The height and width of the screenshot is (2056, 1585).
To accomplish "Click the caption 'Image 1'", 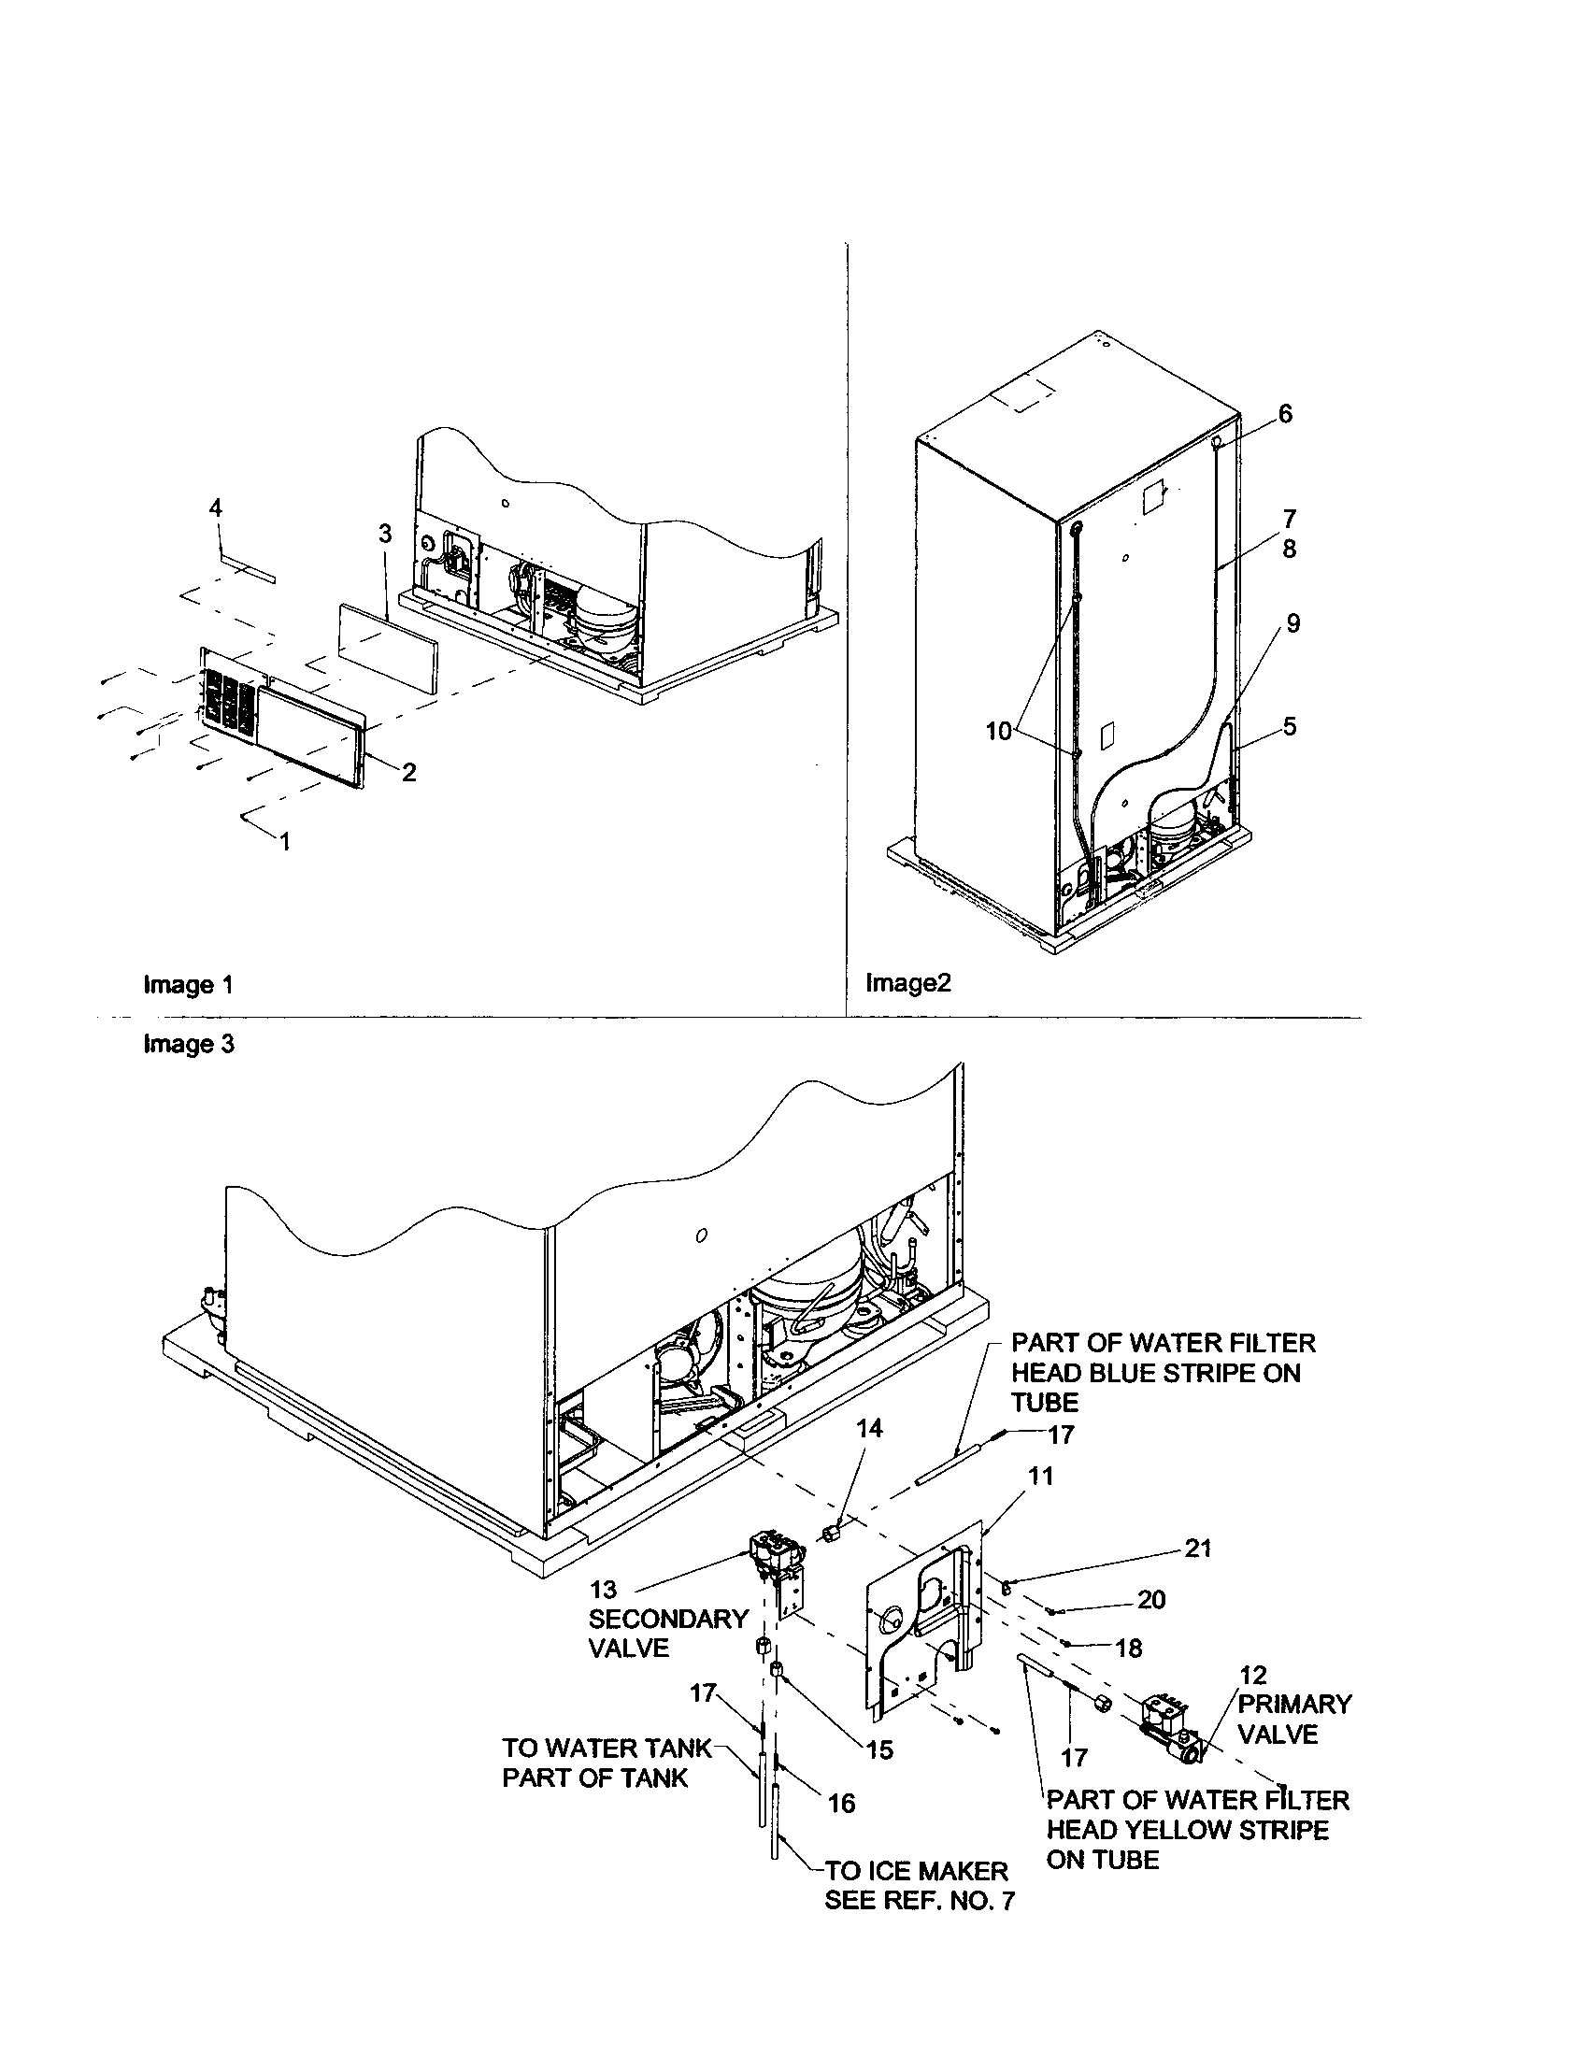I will (x=187, y=985).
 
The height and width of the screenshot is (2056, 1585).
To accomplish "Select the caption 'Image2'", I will (x=908, y=983).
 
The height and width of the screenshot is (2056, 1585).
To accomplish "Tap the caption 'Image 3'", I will (x=188, y=1044).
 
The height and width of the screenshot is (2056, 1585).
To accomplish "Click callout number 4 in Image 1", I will (x=216, y=508).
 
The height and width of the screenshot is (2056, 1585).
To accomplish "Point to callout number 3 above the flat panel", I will (x=384, y=534).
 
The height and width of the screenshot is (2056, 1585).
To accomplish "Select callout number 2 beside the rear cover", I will (x=408, y=772).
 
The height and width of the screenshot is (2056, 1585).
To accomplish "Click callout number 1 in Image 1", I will (x=284, y=842).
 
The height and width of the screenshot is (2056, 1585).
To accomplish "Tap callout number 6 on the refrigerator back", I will (x=1285, y=414).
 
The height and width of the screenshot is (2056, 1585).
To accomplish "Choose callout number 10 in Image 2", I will (x=998, y=731).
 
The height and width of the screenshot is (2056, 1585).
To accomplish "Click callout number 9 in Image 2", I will (x=1293, y=623).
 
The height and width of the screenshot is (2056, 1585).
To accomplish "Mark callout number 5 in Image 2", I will (x=1289, y=726).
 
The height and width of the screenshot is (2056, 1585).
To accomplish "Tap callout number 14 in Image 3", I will (x=869, y=1429).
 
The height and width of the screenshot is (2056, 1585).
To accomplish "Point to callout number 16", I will (x=841, y=1802).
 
